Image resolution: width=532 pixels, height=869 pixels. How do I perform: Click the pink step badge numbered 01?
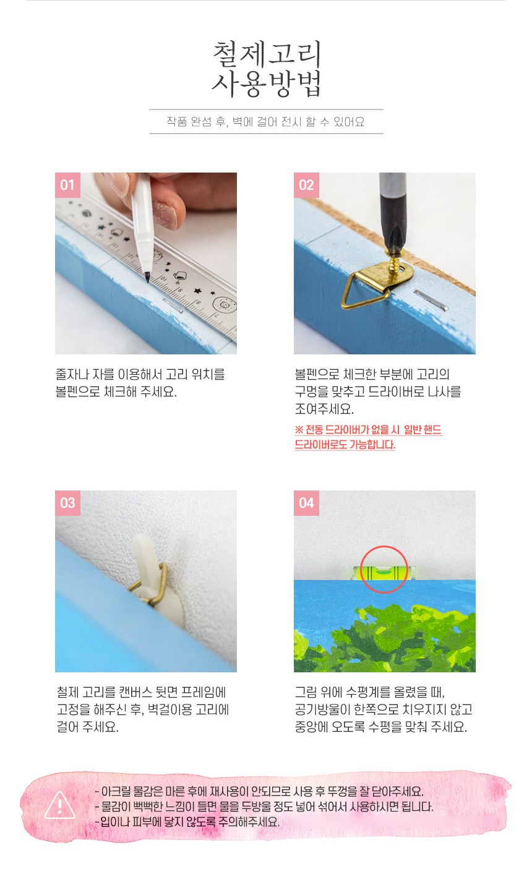[67, 185]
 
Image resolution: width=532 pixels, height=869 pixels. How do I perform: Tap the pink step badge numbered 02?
[306, 185]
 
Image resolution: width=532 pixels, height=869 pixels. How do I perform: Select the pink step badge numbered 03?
[67, 503]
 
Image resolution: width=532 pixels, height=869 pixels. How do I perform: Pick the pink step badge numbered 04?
[306, 503]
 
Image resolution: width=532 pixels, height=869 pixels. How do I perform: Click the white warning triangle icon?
[60, 805]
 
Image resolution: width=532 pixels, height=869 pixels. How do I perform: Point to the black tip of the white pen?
[148, 277]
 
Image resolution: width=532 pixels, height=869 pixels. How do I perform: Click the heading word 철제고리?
[267, 54]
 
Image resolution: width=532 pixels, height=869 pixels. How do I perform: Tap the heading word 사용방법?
[267, 83]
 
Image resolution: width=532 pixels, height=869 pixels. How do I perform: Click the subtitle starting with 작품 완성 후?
[266, 122]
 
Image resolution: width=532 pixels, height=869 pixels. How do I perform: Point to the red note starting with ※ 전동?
[368, 437]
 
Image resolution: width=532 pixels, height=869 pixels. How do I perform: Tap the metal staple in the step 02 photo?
[431, 300]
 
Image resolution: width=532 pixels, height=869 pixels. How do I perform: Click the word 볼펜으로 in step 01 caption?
[78, 392]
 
